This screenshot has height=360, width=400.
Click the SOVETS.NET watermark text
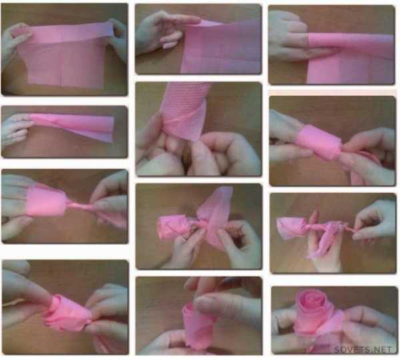tap(363, 349)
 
